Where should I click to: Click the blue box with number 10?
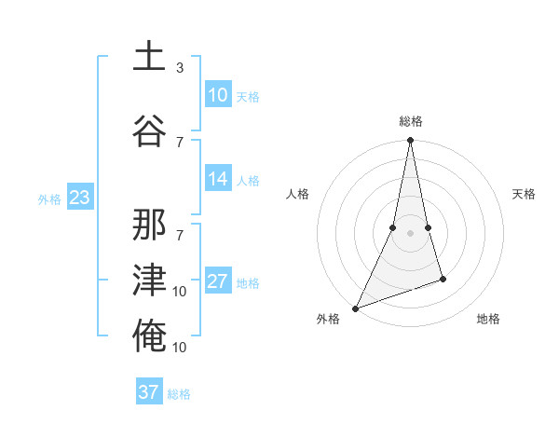tap(218, 95)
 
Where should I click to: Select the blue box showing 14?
tap(218, 180)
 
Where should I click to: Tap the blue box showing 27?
tap(218, 282)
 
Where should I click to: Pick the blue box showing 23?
tap(79, 198)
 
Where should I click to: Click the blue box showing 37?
tap(149, 392)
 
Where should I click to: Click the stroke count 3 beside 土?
tap(180, 68)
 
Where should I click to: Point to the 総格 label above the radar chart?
tap(410, 121)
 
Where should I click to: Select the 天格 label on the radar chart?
tap(525, 194)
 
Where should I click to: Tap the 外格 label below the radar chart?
tap(328, 319)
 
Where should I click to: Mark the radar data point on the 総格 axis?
tap(410, 141)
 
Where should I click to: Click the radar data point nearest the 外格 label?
tap(355, 308)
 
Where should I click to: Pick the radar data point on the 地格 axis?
tap(443, 279)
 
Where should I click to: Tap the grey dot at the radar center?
tap(410, 233)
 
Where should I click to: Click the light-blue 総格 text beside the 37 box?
tap(179, 394)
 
